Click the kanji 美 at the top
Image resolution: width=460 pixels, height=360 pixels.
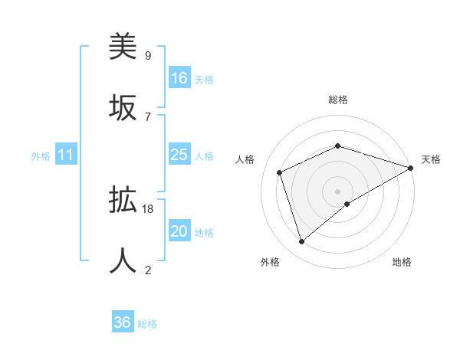tap(123, 47)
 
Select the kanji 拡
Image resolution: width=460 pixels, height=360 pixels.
tap(123, 201)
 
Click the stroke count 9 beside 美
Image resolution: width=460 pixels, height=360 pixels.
tap(147, 56)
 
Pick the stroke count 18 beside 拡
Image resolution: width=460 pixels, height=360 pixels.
tap(149, 208)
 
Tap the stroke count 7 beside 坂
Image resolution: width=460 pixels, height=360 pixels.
tap(147, 116)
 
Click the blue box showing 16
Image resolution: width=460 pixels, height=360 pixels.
tap(179, 78)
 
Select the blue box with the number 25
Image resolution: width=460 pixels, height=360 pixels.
tap(179, 155)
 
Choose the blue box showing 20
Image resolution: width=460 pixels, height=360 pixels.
tap(179, 231)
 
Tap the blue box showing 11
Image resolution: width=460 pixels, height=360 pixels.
tap(66, 155)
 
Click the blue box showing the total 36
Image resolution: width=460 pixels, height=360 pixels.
tap(123, 322)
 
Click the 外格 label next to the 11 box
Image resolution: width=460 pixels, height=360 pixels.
tap(41, 156)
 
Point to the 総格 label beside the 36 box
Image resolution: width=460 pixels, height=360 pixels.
tap(147, 324)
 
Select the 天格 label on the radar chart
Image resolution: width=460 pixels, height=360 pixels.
tap(431, 159)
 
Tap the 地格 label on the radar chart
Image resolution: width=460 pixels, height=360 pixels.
tap(402, 262)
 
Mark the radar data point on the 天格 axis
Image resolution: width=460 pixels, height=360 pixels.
tap(411, 168)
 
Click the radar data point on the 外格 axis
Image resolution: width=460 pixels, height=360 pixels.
tap(302, 242)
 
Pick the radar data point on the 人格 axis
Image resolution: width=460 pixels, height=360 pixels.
tap(280, 172)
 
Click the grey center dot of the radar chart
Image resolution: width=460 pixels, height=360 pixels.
tap(337, 191)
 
